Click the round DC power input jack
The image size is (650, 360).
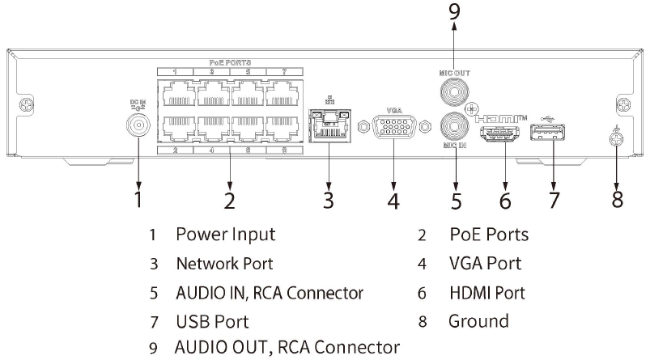(x=138, y=124)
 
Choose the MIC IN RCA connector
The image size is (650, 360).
(x=455, y=128)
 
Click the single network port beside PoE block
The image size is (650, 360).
(x=328, y=127)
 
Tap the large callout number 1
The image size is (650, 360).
(x=138, y=199)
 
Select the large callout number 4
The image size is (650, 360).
(x=393, y=199)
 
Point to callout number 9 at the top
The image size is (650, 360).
(x=455, y=11)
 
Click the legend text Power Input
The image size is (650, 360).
(x=226, y=235)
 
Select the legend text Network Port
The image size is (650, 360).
(x=224, y=264)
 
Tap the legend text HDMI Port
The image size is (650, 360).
(x=487, y=292)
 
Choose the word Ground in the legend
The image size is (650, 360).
(x=479, y=320)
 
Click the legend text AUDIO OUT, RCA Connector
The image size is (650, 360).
(x=287, y=349)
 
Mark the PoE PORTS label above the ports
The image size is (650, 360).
(x=230, y=62)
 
